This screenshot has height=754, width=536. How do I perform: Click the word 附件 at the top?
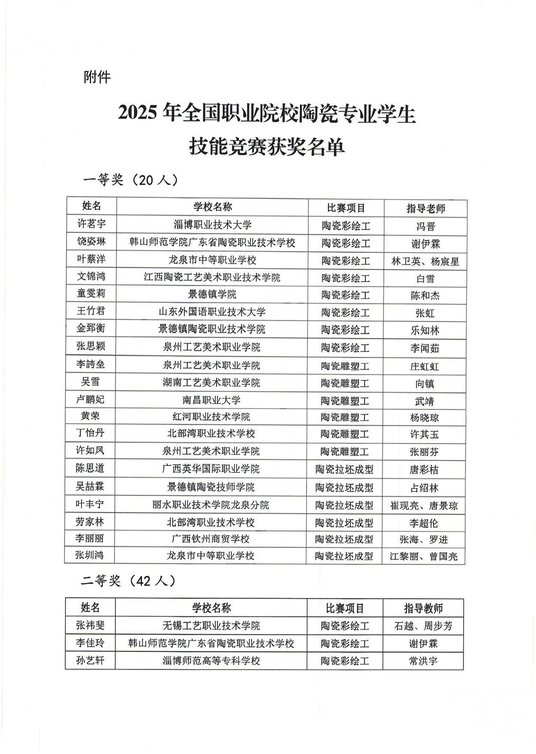pyautogui.click(x=97, y=77)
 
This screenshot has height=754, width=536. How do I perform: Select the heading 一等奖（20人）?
pyautogui.click(x=130, y=180)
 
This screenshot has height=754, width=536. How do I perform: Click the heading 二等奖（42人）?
pyautogui.click(x=129, y=580)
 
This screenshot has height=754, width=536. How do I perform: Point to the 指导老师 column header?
pyautogui.click(x=425, y=208)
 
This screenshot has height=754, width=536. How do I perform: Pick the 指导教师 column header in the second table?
pyautogui.click(x=423, y=608)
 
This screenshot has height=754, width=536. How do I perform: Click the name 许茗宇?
pyautogui.click(x=91, y=224)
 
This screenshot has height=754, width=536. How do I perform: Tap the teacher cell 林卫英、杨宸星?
pyautogui.click(x=425, y=261)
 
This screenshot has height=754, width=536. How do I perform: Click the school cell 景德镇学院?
pyautogui.click(x=212, y=294)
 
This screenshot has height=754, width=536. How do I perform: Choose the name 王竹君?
pyautogui.click(x=91, y=311)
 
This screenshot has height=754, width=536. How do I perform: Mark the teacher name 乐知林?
pyautogui.click(x=425, y=330)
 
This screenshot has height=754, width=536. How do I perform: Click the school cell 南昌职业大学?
pyautogui.click(x=212, y=400)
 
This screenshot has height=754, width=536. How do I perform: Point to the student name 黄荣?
pyautogui.click(x=90, y=416)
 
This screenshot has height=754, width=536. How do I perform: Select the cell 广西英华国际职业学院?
pyautogui.click(x=211, y=469)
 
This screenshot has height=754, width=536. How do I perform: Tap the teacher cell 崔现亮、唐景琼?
pyautogui.click(x=424, y=506)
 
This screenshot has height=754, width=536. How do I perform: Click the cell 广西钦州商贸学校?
pyautogui.click(x=211, y=539)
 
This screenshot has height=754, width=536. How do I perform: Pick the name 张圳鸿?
pyautogui.click(x=90, y=555)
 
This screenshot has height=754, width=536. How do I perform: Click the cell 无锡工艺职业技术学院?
pyautogui.click(x=211, y=625)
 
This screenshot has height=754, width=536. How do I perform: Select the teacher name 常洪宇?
pyautogui.click(x=423, y=661)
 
